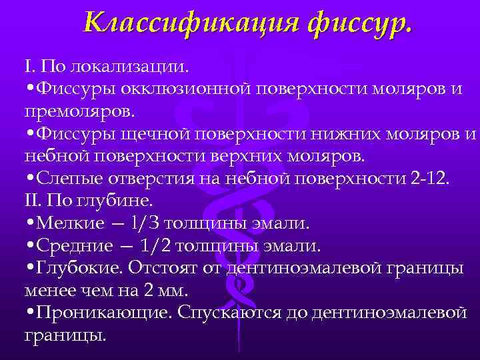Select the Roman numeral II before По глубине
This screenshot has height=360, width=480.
click(32, 201)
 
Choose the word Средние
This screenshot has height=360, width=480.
click(75, 246)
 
